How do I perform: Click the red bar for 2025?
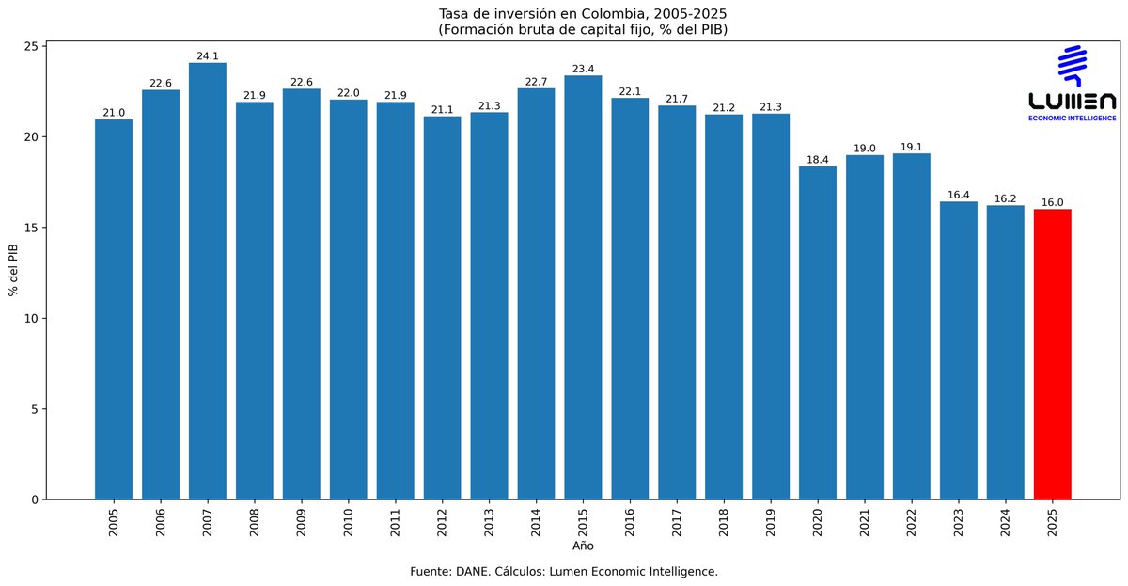pyautogui.click(x=1052, y=355)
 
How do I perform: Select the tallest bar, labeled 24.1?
pyautogui.click(x=208, y=281)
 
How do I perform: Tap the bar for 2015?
pyautogui.click(x=583, y=288)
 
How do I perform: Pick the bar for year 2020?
pyautogui.click(x=818, y=333)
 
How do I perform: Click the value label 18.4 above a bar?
pyautogui.click(x=818, y=160)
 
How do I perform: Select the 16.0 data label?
pyautogui.click(x=1052, y=202)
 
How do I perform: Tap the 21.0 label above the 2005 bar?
pyautogui.click(x=114, y=113)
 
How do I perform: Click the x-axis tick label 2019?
pyautogui.click(x=771, y=522)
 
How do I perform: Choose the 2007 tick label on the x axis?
pyautogui.click(x=208, y=522)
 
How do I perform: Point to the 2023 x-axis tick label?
pyautogui.click(x=959, y=522)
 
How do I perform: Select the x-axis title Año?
pyautogui.click(x=583, y=546)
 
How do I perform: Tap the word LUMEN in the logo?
pyautogui.click(x=1073, y=102)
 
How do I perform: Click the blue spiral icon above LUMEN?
pyautogui.click(x=1073, y=65)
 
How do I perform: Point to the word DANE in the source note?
pyautogui.click(x=475, y=571)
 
